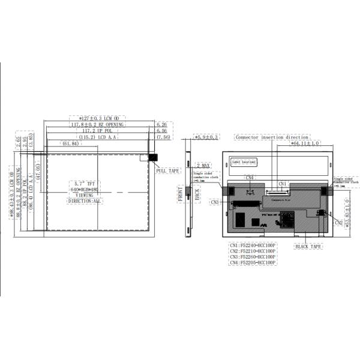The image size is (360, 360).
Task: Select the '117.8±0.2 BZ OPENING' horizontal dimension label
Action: point(97,125)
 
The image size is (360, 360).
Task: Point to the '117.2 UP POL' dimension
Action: point(97,131)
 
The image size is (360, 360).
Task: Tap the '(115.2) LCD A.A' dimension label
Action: point(98,137)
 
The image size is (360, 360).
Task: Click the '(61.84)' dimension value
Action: point(71,144)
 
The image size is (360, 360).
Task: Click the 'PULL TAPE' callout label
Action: point(168,171)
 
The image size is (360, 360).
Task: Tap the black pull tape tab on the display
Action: point(152,158)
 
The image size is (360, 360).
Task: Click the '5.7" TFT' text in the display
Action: point(84,183)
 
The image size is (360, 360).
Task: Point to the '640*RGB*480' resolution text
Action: point(84,189)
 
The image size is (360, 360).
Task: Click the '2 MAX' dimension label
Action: point(202,165)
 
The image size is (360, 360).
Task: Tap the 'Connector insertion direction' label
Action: point(272,137)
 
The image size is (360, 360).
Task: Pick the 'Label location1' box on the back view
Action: point(244,162)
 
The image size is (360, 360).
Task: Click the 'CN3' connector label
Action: point(215,203)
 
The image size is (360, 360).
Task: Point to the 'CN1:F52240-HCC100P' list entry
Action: point(253,245)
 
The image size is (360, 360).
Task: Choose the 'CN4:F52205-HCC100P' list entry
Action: point(253,263)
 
